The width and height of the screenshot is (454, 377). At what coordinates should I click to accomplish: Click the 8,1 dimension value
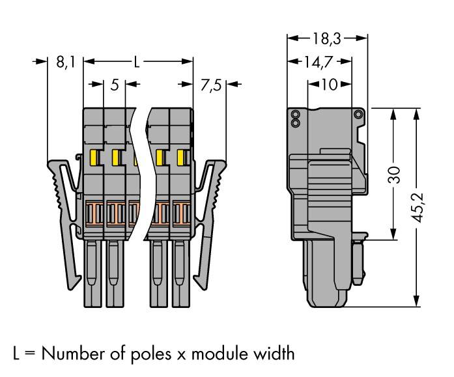pyautogui.click(x=66, y=63)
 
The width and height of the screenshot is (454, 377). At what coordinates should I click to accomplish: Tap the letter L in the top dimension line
pyautogui.click(x=137, y=63)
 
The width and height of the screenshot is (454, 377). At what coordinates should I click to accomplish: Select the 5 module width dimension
pyautogui.click(x=114, y=84)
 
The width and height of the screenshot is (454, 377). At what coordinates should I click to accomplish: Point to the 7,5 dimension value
pyautogui.click(x=210, y=84)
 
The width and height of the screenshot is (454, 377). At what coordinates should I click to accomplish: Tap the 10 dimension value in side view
pyautogui.click(x=329, y=85)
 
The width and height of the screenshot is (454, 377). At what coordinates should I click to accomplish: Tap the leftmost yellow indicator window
pyautogui.click(x=94, y=157)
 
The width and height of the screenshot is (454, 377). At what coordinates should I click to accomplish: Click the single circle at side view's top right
pyautogui.click(x=358, y=115)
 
